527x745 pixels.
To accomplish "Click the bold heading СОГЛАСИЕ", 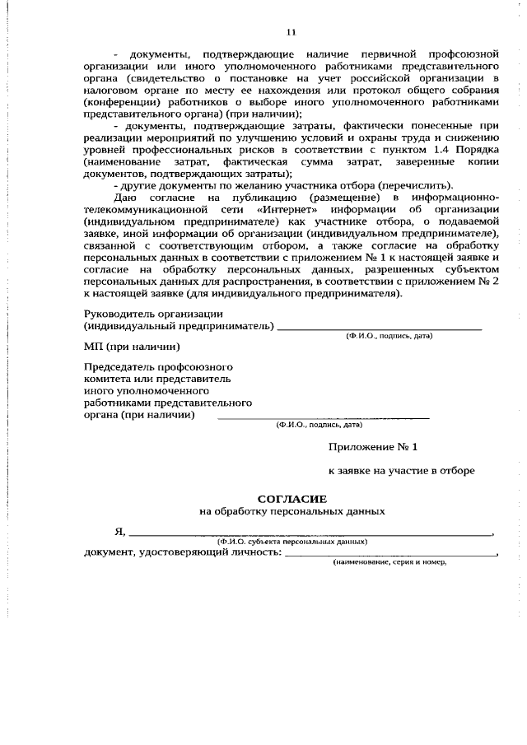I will tap(292, 499).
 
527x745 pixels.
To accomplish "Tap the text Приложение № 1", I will tap(373, 446).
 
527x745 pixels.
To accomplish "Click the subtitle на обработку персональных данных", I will tap(292, 511).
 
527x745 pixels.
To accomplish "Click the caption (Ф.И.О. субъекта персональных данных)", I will tap(292, 542).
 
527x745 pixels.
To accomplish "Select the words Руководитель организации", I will tap(153, 314).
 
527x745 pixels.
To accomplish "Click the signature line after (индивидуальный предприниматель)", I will tap(379, 329).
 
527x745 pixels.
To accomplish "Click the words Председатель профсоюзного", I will tap(159, 366).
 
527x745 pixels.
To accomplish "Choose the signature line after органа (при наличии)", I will tap(322, 419).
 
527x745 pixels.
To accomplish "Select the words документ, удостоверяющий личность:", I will tap(182, 552).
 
